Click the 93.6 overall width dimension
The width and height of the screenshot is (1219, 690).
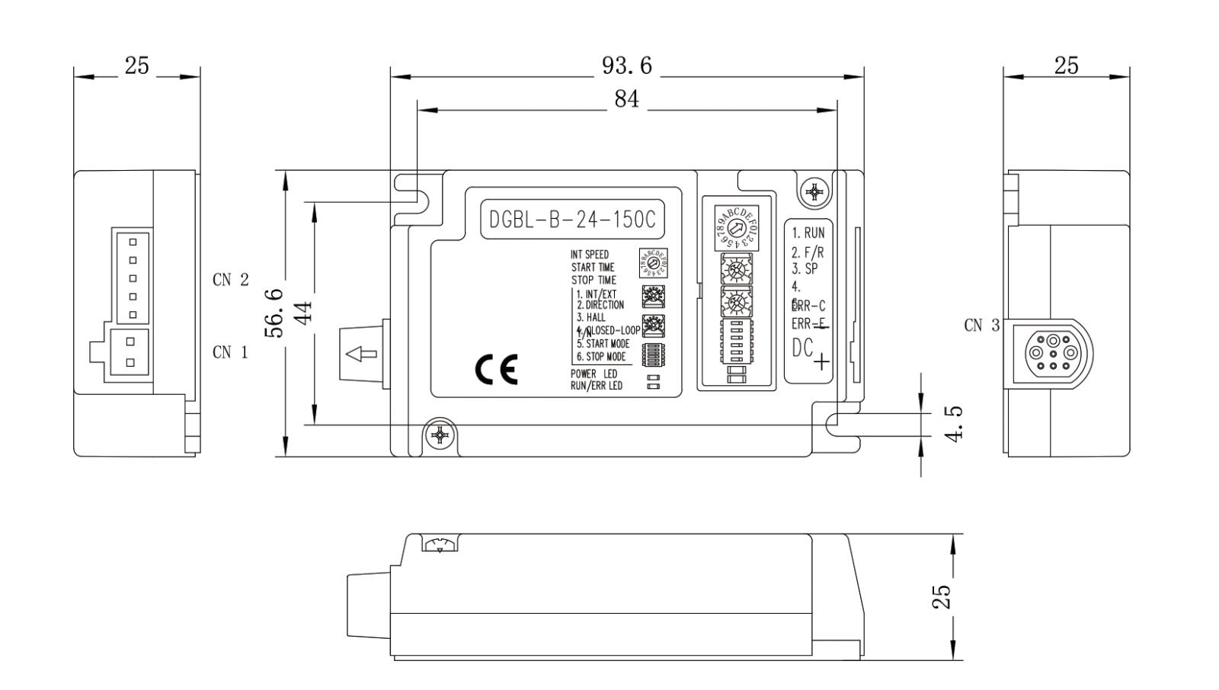point(627,66)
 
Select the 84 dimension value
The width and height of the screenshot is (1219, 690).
point(626,100)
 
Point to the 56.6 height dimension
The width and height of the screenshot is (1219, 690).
point(274,313)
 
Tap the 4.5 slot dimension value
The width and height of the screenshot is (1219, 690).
point(954,422)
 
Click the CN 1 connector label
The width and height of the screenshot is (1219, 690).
point(230,352)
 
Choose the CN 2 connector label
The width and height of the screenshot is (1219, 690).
point(230,280)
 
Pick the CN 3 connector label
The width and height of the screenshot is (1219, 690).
point(981,326)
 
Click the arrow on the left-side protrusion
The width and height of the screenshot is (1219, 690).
point(361,354)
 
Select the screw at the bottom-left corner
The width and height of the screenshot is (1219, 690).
point(440,435)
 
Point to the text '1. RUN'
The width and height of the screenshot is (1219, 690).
point(808,233)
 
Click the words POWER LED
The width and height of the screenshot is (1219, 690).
point(594,374)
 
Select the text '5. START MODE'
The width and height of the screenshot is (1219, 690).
point(603,344)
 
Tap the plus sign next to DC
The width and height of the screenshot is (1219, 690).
point(821,361)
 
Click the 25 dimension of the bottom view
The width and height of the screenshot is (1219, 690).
point(942,596)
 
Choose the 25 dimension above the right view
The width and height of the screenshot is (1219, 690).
point(1066,66)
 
